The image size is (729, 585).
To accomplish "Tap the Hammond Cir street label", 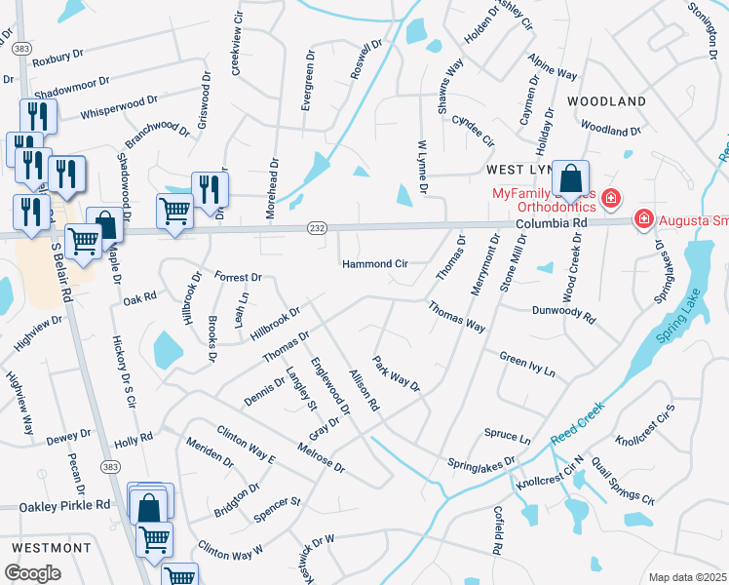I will click(374, 263).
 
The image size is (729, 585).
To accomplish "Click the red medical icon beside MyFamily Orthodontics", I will click(610, 198).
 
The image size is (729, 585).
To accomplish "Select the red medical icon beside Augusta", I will click(643, 218).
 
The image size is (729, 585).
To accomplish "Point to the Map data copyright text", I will click(687, 577).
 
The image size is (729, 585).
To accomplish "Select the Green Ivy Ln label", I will click(526, 364).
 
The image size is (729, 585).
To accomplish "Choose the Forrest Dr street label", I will click(239, 277).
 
